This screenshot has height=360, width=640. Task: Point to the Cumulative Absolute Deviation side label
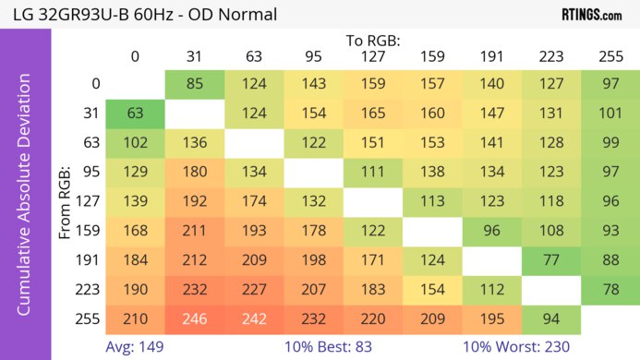25,201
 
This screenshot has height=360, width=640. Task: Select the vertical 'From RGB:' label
66,202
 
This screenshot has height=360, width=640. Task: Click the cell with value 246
194,319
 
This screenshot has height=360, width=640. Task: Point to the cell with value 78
610,290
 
